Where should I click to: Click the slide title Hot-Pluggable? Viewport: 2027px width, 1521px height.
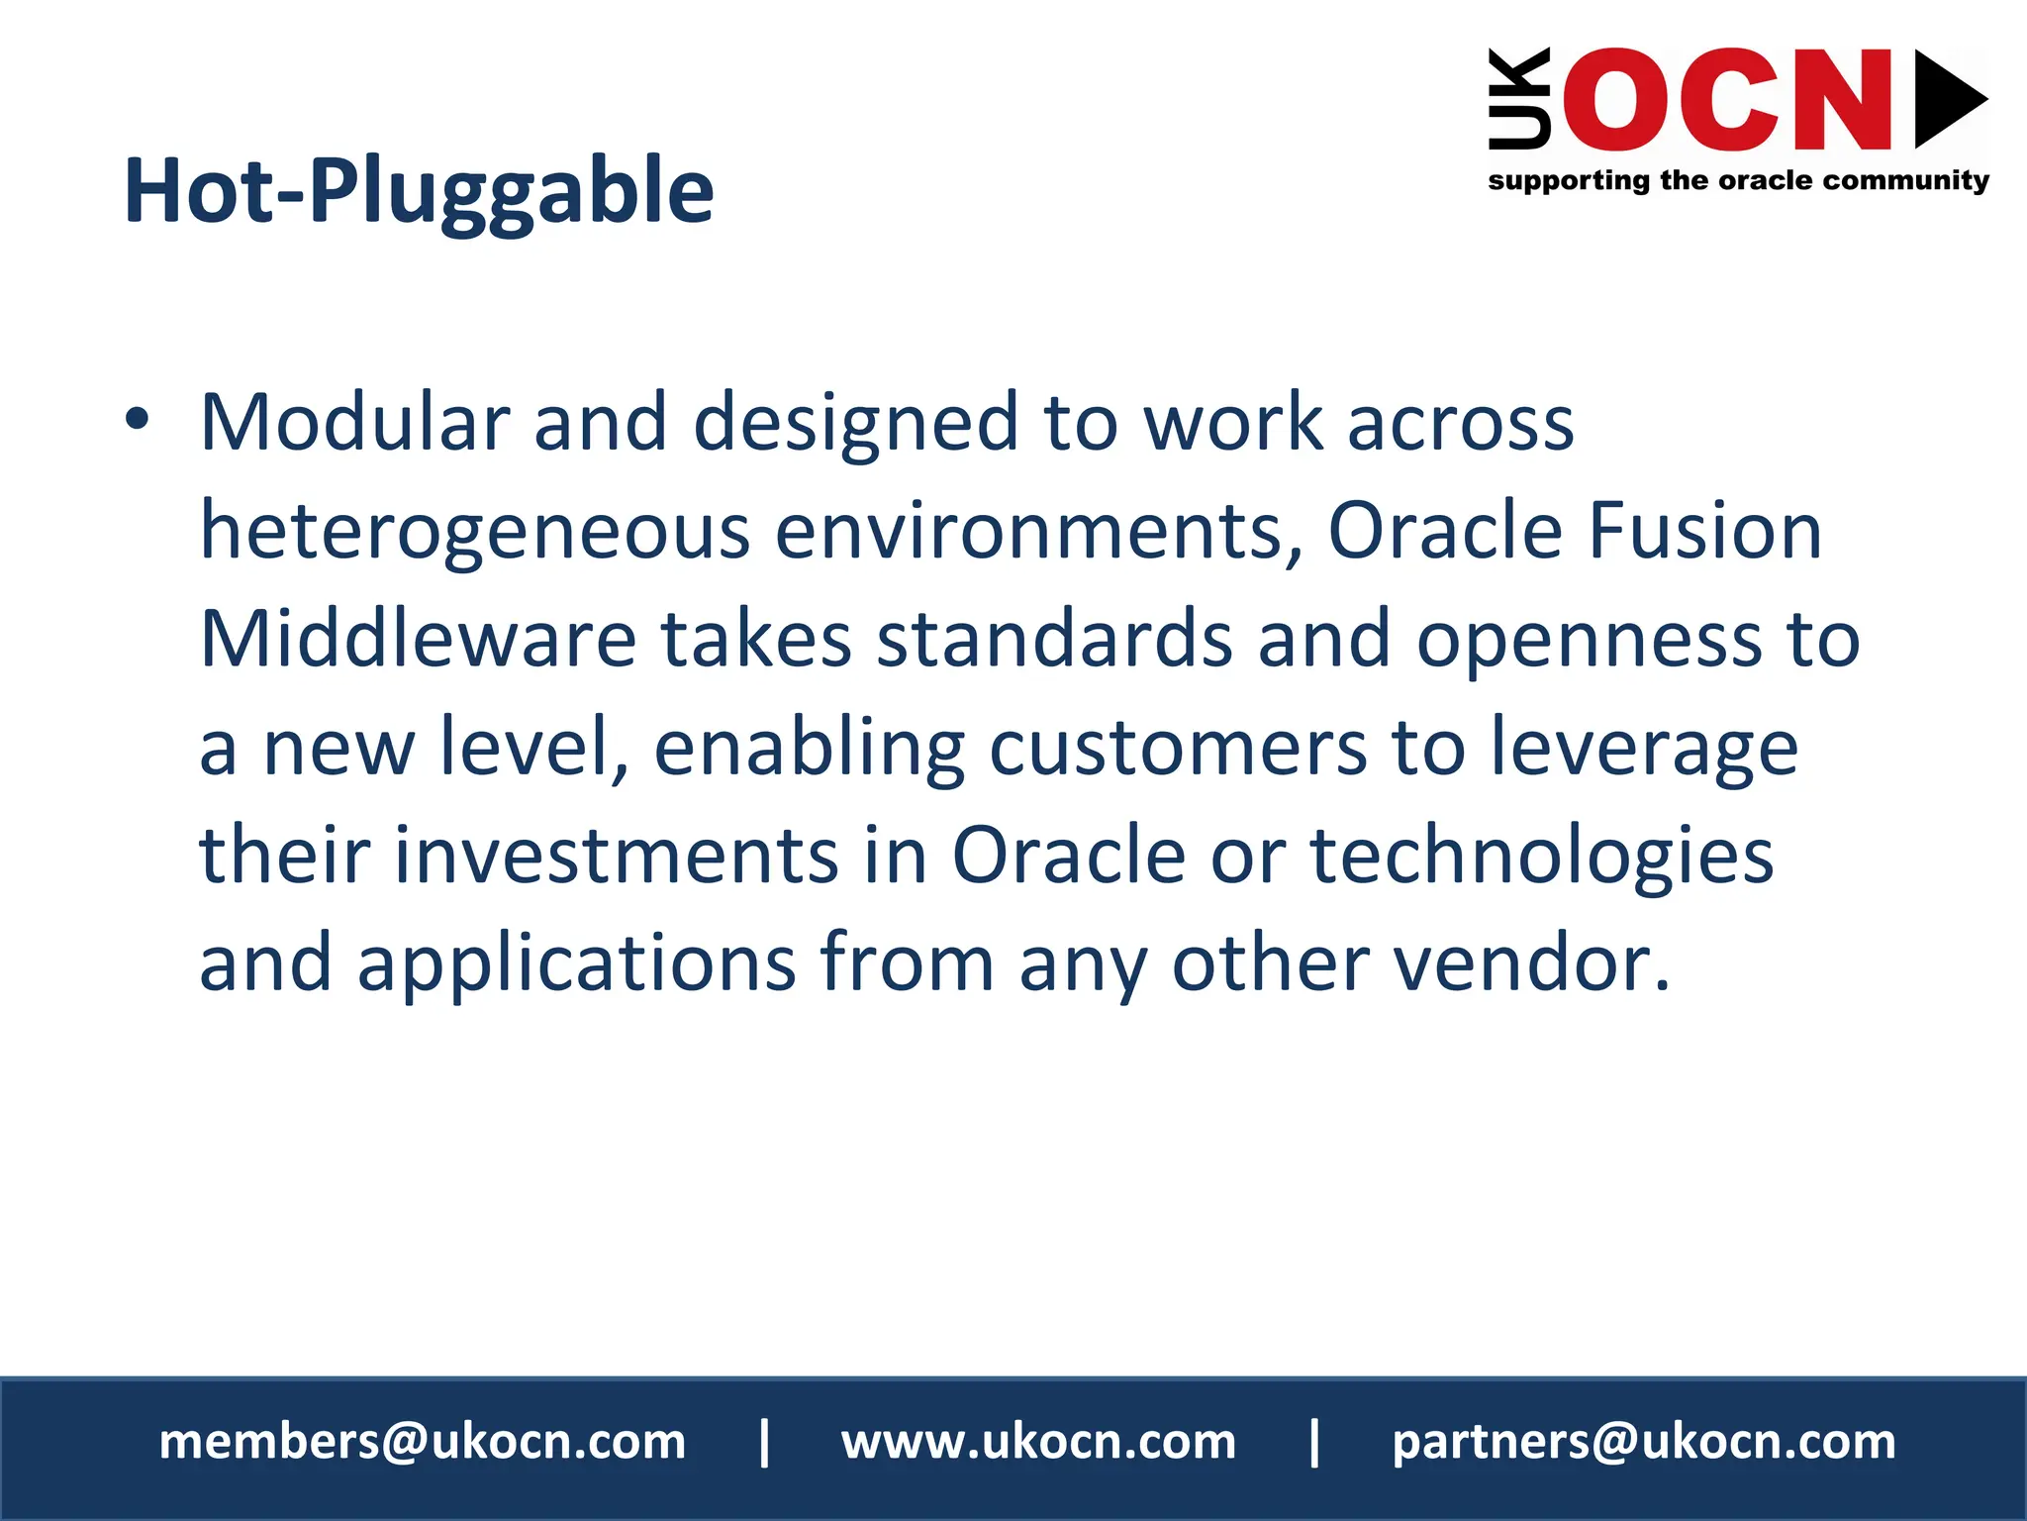[x=418, y=191]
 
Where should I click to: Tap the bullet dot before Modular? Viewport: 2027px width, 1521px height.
[x=137, y=419]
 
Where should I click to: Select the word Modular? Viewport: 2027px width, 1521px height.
[x=354, y=423]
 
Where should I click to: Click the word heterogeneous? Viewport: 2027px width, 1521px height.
[x=475, y=532]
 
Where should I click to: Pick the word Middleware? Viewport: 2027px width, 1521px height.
[x=417, y=639]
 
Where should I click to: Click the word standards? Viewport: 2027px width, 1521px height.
[x=1054, y=639]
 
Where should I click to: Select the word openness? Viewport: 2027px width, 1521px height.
[x=1589, y=641]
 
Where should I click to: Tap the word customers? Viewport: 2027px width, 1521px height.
[x=1178, y=748]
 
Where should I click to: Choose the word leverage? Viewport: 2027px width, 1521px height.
[x=1644, y=750]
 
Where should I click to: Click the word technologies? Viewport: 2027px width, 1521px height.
[x=1542, y=857]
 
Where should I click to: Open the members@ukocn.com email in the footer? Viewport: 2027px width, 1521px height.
[x=423, y=1442]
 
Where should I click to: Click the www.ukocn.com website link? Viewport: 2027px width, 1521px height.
[x=1038, y=1442]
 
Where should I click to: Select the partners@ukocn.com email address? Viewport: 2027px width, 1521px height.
[x=1644, y=1442]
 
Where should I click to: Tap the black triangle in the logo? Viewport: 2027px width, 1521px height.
[x=1947, y=99]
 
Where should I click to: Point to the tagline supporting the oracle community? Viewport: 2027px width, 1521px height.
[x=1738, y=181]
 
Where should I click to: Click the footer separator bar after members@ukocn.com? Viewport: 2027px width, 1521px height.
[x=764, y=1442]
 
